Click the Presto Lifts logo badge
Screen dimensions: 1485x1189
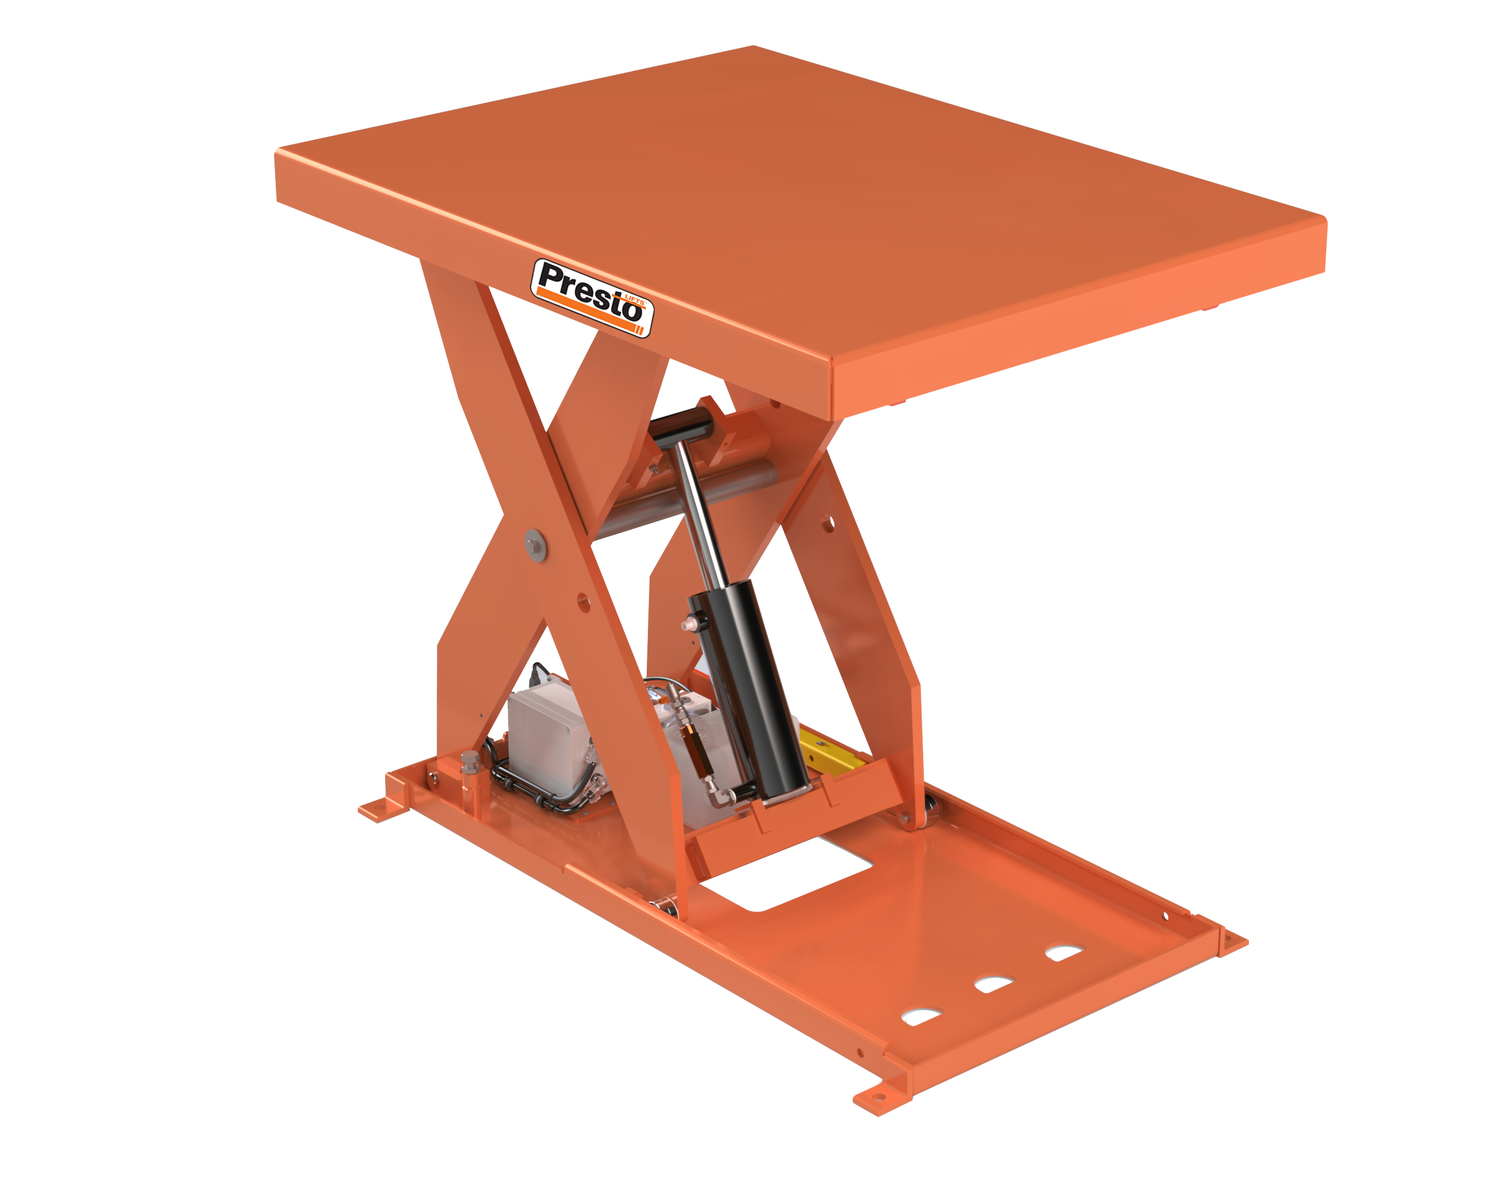pyautogui.click(x=592, y=297)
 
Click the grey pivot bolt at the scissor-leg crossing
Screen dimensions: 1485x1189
pyautogui.click(x=535, y=544)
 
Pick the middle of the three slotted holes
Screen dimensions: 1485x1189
pyautogui.click(x=993, y=984)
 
